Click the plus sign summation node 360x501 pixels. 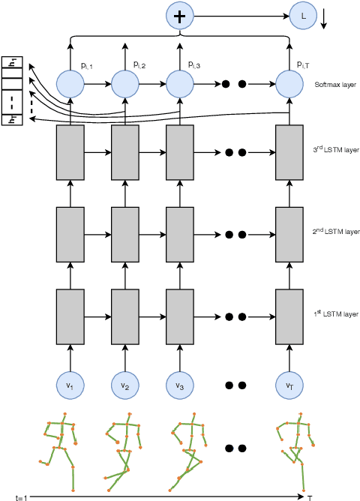pyautogui.click(x=179, y=14)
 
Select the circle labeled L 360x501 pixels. pyautogui.click(x=304, y=14)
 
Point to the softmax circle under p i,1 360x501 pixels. pyautogui.click(x=70, y=83)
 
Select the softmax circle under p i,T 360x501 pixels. pyautogui.click(x=289, y=83)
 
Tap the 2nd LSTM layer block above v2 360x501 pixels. pyautogui.click(x=124, y=232)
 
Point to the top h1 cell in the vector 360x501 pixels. pyautogui.click(x=12, y=63)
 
